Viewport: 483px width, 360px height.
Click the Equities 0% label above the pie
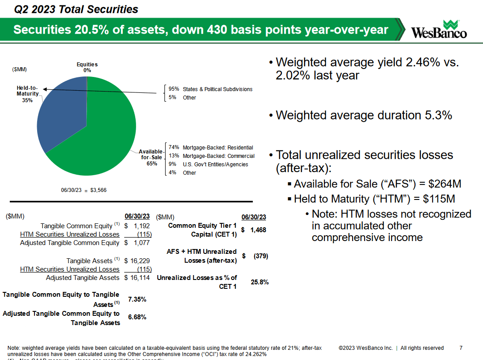[x=87, y=67]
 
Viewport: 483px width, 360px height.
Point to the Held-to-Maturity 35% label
[x=27, y=94]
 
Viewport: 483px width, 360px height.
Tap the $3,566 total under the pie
[x=98, y=190]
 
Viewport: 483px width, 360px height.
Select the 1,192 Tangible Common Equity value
[x=142, y=226]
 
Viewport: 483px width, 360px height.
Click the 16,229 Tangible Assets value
[x=140, y=261]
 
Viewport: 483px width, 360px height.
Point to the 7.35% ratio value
[x=137, y=299]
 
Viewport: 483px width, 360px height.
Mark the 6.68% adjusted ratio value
[x=137, y=317]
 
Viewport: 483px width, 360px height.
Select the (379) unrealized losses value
[x=259, y=256]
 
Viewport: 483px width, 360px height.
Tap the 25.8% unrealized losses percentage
[x=260, y=282]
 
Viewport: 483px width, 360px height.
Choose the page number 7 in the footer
[x=461, y=348]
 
